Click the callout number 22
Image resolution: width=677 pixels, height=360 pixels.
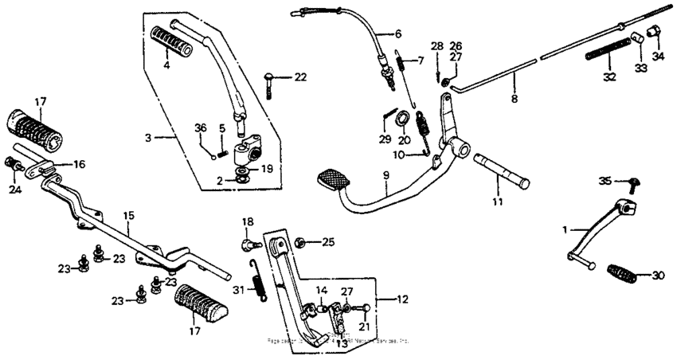(299, 77)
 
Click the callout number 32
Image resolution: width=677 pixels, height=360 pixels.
(609, 77)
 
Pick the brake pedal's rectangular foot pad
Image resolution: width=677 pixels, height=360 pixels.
(334, 177)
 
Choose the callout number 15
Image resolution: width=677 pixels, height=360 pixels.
(127, 215)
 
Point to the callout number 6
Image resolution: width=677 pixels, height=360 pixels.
(398, 34)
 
